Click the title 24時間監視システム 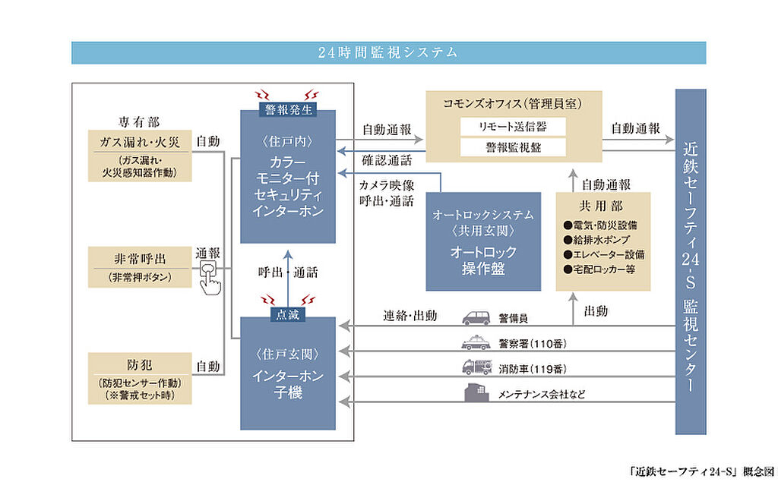tap(387, 52)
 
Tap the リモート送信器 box tap(513, 127)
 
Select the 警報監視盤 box tap(513, 147)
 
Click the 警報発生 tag tap(288, 109)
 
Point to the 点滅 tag tap(288, 314)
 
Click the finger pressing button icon tap(210, 279)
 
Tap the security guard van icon tap(476, 318)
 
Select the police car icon tap(476, 342)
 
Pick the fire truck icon tap(477, 367)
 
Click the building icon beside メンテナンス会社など tap(476, 392)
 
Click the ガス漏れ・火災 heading tap(140, 142)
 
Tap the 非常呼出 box tap(140, 266)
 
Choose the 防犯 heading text tap(140, 365)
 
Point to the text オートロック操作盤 tap(483, 260)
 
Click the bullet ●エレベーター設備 tap(604, 254)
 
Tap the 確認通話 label tap(387, 160)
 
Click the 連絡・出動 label tap(410, 315)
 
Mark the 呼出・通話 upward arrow tap(288, 279)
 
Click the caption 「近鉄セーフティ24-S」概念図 tap(701, 471)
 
